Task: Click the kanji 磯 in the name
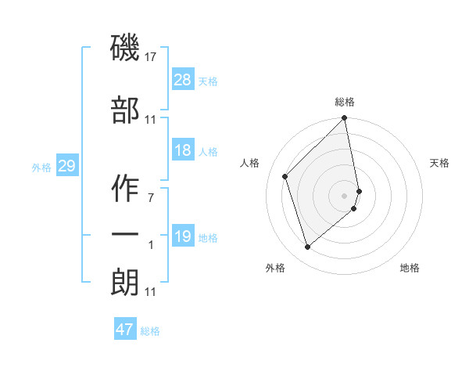(x=125, y=48)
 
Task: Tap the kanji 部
(x=125, y=110)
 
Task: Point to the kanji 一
(x=125, y=236)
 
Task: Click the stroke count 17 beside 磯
(x=151, y=56)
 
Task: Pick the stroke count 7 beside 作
(x=151, y=197)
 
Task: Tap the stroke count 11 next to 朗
(x=151, y=292)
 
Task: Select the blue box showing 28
(x=183, y=80)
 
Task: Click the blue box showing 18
(x=183, y=150)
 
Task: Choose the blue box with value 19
(x=183, y=236)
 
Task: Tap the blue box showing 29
(x=66, y=166)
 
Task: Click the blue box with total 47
(x=125, y=330)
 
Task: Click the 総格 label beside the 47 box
(x=150, y=331)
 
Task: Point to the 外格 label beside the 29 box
(x=41, y=167)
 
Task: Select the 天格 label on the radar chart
(x=440, y=163)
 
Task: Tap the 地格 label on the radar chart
(x=410, y=268)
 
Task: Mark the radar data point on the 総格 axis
(x=345, y=119)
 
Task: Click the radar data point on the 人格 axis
(x=285, y=176)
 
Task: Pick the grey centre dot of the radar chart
(x=345, y=195)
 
